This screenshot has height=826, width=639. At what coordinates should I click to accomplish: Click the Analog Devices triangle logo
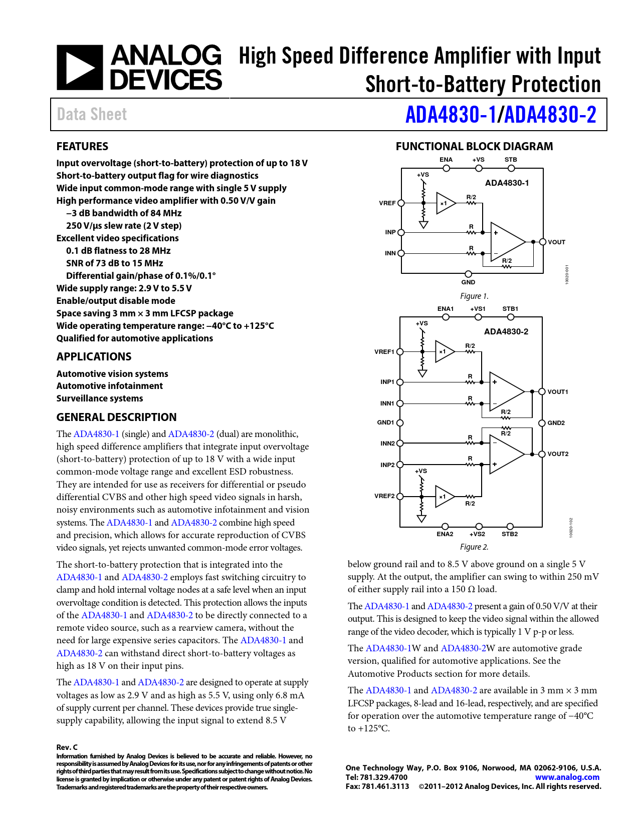(80, 68)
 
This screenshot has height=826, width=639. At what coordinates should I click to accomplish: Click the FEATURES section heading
(82, 146)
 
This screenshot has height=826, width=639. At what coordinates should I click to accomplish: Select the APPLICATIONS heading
(94, 356)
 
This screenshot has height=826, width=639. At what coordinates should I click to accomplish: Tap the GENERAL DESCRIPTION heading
(116, 417)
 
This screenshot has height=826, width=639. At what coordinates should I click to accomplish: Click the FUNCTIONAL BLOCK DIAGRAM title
(474, 146)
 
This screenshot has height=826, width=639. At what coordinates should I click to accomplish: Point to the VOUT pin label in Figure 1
(556, 242)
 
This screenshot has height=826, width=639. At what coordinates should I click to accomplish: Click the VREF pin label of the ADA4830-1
(387, 203)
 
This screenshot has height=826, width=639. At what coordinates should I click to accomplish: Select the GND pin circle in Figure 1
(468, 274)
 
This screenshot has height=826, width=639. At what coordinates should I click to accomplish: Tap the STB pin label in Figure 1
(511, 160)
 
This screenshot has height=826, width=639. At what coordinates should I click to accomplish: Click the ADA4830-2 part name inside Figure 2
(506, 331)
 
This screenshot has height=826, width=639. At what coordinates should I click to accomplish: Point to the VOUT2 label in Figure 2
(558, 454)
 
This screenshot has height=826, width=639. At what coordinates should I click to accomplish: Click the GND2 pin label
(556, 423)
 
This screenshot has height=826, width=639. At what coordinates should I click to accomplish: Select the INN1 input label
(387, 403)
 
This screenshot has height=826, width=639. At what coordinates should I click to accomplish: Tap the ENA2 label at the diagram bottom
(445, 534)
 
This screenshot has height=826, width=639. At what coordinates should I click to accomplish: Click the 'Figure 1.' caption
(474, 296)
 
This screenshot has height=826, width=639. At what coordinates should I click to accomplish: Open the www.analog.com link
(567, 777)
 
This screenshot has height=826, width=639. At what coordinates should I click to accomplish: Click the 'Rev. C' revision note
(67, 747)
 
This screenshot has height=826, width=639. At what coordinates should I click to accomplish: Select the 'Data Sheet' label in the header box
(92, 115)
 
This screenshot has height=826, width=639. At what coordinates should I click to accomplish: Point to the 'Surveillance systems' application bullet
(100, 398)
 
